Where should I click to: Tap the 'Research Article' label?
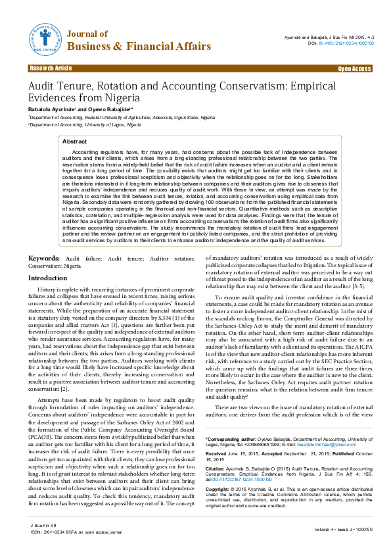[x=51, y=68]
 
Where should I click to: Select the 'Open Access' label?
[x=354, y=68]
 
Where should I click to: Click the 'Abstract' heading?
[x=74, y=141]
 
